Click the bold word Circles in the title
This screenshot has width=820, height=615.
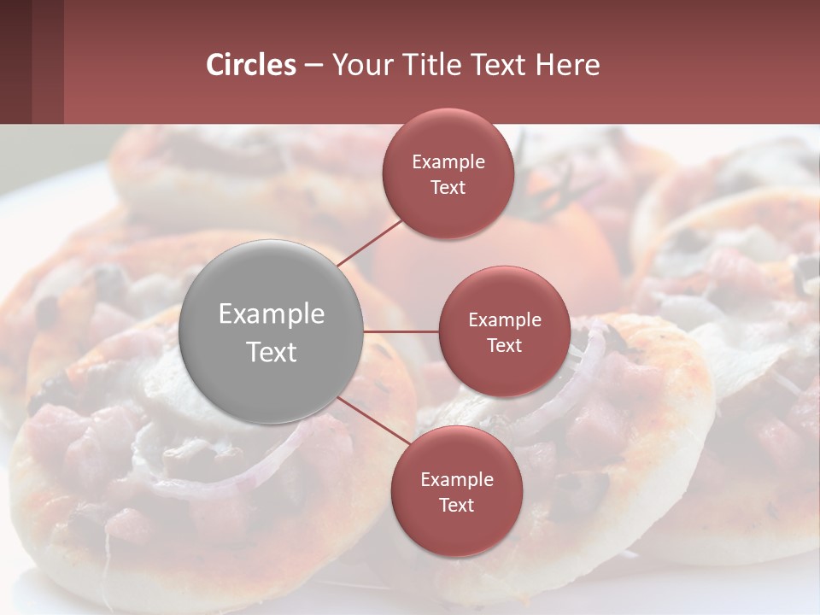pyautogui.click(x=251, y=65)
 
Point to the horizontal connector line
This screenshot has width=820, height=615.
pyautogui.click(x=401, y=331)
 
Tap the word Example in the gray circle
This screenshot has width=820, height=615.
pyautogui.click(x=272, y=314)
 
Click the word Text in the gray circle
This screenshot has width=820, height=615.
pyautogui.click(x=272, y=352)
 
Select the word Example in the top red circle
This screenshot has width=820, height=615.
pyautogui.click(x=448, y=161)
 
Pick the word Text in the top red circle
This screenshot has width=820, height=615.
pyautogui.click(x=448, y=187)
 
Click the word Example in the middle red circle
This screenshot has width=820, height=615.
pyautogui.click(x=505, y=319)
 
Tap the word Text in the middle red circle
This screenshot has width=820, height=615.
pyautogui.click(x=505, y=345)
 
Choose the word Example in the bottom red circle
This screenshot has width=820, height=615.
pyautogui.click(x=457, y=479)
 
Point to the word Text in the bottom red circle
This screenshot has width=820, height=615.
pyautogui.click(x=457, y=505)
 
